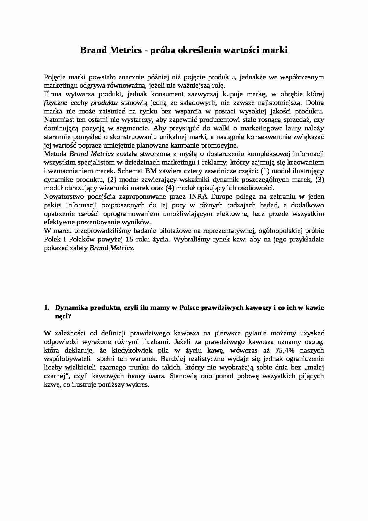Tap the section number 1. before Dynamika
(47, 308)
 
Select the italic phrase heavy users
(146, 376)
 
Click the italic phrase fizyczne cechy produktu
(81, 103)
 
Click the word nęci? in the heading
(64, 316)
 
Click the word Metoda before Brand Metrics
(55, 154)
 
